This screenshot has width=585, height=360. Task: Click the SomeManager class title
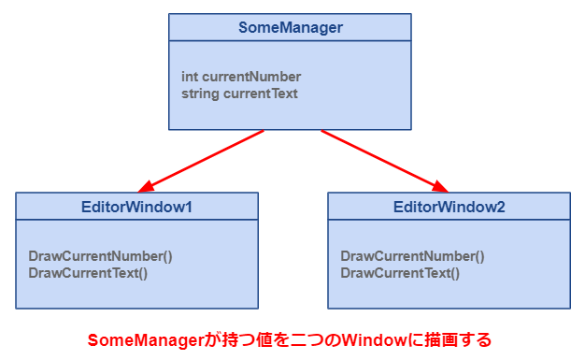(x=290, y=28)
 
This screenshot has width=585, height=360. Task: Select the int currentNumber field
(x=241, y=77)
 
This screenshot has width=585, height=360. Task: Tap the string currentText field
(x=239, y=94)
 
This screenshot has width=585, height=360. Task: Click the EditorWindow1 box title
(x=136, y=207)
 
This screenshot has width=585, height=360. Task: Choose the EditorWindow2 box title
(x=449, y=207)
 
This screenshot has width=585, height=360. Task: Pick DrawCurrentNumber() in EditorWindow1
(x=100, y=256)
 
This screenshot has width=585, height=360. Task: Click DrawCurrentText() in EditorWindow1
(x=88, y=273)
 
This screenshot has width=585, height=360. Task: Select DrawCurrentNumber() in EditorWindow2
(x=412, y=256)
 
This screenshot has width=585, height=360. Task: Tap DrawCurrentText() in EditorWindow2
(x=400, y=273)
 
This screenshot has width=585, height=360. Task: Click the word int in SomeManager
(x=190, y=77)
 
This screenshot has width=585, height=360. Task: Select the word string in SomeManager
(x=200, y=94)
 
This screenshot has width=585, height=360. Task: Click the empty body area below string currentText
(x=290, y=115)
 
